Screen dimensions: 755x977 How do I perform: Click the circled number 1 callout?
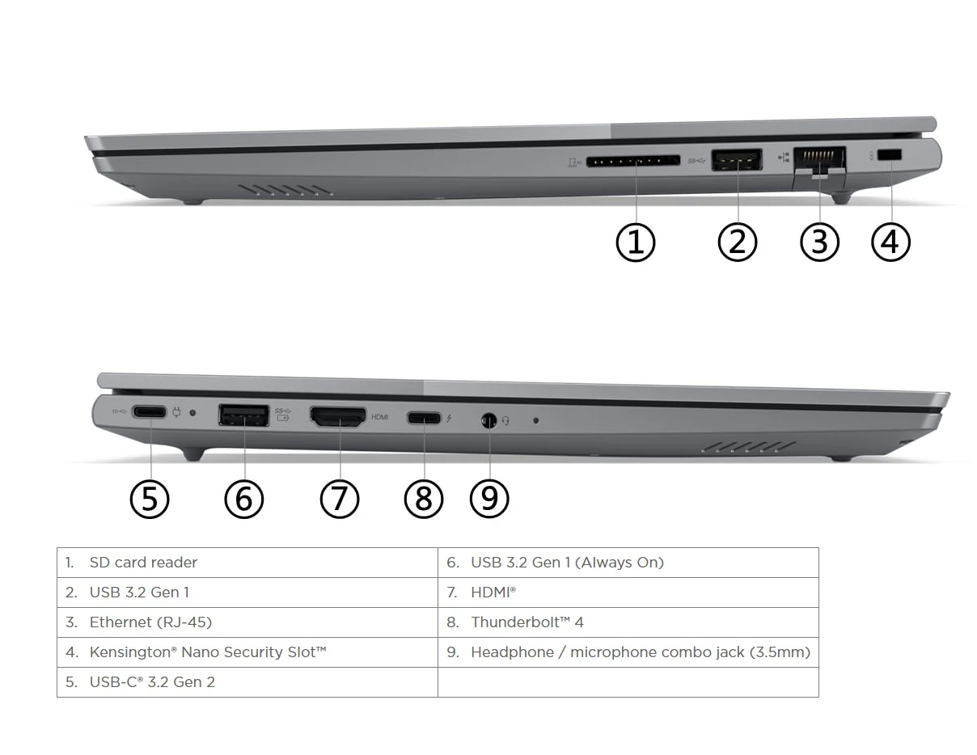coord(636,242)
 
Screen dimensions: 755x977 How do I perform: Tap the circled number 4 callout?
coord(890,242)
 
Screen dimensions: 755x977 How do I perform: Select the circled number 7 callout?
coord(339,499)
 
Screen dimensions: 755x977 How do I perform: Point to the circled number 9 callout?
coord(489,499)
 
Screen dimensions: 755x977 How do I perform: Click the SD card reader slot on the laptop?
coord(633,162)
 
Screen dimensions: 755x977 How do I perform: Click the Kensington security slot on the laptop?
coord(890,154)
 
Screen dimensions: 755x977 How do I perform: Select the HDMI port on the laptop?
coord(338,417)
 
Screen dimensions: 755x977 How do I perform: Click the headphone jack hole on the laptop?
coord(488,420)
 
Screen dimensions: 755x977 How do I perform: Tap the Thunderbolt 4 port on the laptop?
coord(424,418)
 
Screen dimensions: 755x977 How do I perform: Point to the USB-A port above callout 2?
coord(737,159)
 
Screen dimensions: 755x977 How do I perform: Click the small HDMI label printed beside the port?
coord(380,417)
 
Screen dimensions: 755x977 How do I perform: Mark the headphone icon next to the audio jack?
coord(506,420)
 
